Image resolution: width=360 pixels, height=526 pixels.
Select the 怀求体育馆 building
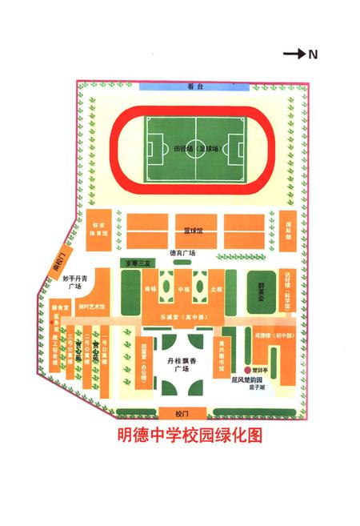coord(99,230)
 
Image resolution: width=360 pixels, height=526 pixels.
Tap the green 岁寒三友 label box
coord(135,263)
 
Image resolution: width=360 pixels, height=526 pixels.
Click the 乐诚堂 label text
coord(180,318)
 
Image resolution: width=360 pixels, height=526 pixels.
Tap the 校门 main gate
coord(180,413)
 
